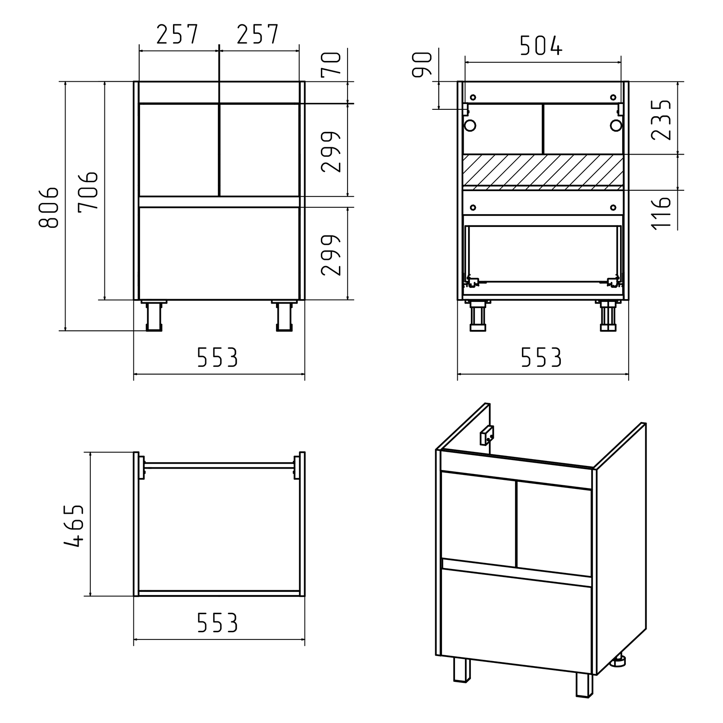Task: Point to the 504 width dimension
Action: (540, 46)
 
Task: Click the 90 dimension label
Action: (423, 65)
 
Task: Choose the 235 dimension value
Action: (662, 120)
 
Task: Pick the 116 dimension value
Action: (662, 213)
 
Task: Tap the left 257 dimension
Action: (177, 34)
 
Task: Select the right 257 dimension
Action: (257, 34)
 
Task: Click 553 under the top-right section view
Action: (541, 357)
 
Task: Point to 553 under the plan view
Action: (217, 623)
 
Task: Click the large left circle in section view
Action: (470, 125)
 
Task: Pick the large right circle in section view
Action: (616, 125)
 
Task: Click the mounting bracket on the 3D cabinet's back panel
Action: (487, 436)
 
